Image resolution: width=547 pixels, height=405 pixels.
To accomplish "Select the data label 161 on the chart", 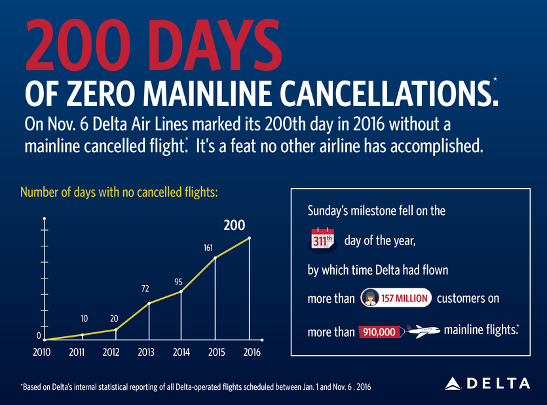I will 208,248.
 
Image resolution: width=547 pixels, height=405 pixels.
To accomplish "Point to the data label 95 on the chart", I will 178,282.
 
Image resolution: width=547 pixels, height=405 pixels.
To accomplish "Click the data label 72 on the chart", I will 147,288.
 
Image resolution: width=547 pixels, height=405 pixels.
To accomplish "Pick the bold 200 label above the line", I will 234,226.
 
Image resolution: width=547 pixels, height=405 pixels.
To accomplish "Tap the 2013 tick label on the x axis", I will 146,352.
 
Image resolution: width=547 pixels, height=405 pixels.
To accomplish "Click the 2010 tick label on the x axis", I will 41,352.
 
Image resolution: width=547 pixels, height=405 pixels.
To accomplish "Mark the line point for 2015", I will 215,258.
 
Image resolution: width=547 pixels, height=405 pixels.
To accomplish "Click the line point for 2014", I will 181,292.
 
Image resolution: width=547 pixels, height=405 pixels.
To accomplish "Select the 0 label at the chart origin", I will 39,336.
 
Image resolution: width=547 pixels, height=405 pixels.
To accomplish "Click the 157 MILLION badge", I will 396,298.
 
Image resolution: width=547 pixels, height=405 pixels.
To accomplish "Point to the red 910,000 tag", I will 377,332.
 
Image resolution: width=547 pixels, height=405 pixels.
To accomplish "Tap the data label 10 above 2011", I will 84,318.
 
